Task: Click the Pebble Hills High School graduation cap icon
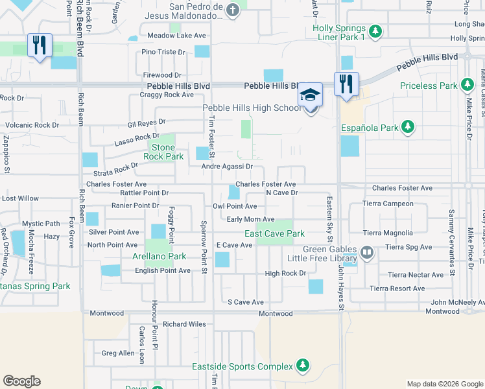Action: (x=311, y=95)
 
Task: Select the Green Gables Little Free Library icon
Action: (x=367, y=252)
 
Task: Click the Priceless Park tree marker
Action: (x=467, y=85)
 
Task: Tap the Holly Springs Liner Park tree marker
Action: (x=375, y=31)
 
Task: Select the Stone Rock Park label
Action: (x=163, y=152)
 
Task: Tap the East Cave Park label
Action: (x=274, y=233)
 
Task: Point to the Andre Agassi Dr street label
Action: (x=226, y=166)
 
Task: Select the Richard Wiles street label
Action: (x=184, y=324)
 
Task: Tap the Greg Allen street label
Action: (x=118, y=353)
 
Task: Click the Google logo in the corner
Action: (x=21, y=381)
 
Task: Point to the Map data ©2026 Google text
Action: (x=444, y=384)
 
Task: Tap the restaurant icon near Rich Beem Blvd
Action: (x=40, y=46)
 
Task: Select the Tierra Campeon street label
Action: (x=388, y=204)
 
